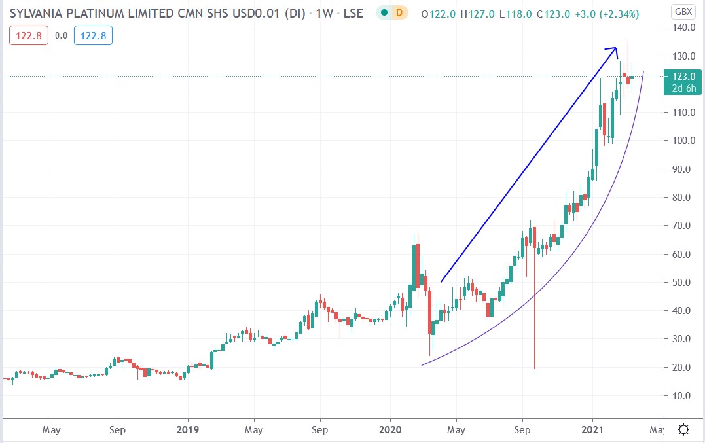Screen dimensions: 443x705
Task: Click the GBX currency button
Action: point(683,12)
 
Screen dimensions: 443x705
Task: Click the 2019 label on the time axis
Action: point(188,430)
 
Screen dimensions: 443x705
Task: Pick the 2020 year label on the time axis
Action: point(390,430)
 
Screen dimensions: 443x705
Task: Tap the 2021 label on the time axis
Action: point(592,430)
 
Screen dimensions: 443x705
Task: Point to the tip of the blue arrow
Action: point(617,47)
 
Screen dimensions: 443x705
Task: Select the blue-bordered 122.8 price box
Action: point(93,36)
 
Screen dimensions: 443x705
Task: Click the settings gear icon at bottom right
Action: point(683,430)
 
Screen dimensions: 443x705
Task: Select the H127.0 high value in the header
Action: point(477,14)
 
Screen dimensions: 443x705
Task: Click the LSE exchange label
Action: point(353,14)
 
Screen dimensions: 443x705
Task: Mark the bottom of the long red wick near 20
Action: point(535,368)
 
